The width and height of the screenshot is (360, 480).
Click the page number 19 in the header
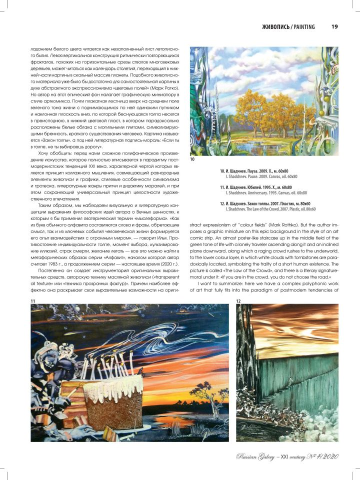334,26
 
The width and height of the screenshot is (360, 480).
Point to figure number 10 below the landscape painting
192,159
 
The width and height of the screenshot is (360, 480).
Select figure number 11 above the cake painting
33,300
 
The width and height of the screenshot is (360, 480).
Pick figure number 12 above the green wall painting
238,300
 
